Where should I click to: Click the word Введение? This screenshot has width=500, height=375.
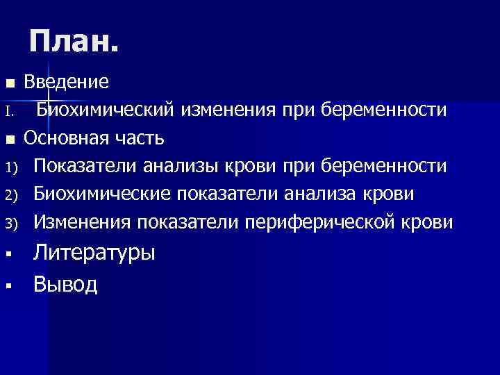[66, 82]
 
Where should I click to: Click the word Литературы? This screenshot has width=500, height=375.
[94, 253]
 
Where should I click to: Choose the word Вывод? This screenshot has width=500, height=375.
[66, 283]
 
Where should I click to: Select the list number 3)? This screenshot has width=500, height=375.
[10, 224]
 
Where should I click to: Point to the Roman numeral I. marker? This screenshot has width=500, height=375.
[8, 111]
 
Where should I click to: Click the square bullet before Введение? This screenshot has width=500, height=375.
[10, 83]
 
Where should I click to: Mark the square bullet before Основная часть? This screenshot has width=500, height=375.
[10, 140]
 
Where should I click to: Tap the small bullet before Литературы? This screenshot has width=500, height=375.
[9, 254]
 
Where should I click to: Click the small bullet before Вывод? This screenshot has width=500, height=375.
[9, 285]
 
